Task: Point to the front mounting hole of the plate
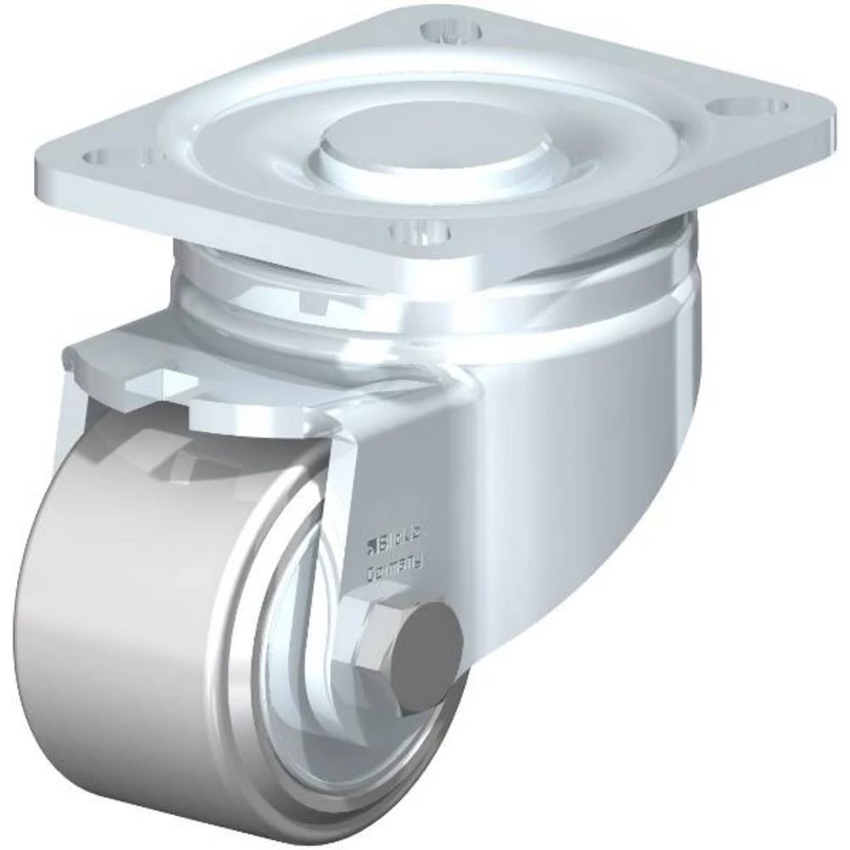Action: point(416,230)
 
